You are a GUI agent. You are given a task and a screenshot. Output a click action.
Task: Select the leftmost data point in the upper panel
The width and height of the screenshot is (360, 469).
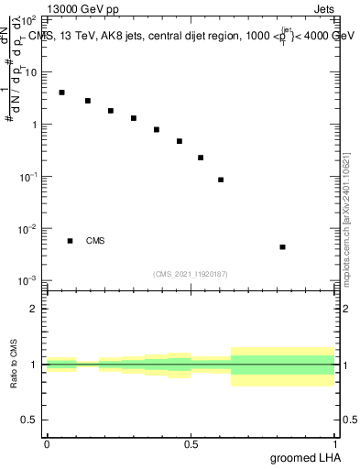coord(61,93)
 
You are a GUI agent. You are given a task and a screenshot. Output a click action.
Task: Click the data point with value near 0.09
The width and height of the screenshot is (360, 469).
coord(221,180)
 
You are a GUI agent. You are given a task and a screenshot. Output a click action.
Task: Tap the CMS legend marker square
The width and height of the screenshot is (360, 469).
coord(70,241)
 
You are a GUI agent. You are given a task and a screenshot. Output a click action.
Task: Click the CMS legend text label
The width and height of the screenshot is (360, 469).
coord(95,241)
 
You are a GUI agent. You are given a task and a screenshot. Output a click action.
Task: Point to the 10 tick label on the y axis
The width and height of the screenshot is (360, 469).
coord(32,71)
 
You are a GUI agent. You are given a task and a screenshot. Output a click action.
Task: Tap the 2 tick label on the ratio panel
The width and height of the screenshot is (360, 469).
coord(36,308)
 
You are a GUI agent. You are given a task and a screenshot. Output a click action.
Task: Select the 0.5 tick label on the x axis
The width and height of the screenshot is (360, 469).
coord(191,444)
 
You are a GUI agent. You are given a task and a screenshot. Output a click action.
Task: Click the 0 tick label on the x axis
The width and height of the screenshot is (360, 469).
coord(47,444)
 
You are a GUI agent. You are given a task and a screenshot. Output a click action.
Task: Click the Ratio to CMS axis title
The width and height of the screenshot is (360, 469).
coord(14,365)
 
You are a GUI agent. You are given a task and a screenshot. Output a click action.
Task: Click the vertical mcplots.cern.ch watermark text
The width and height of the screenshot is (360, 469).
coord(348,215)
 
